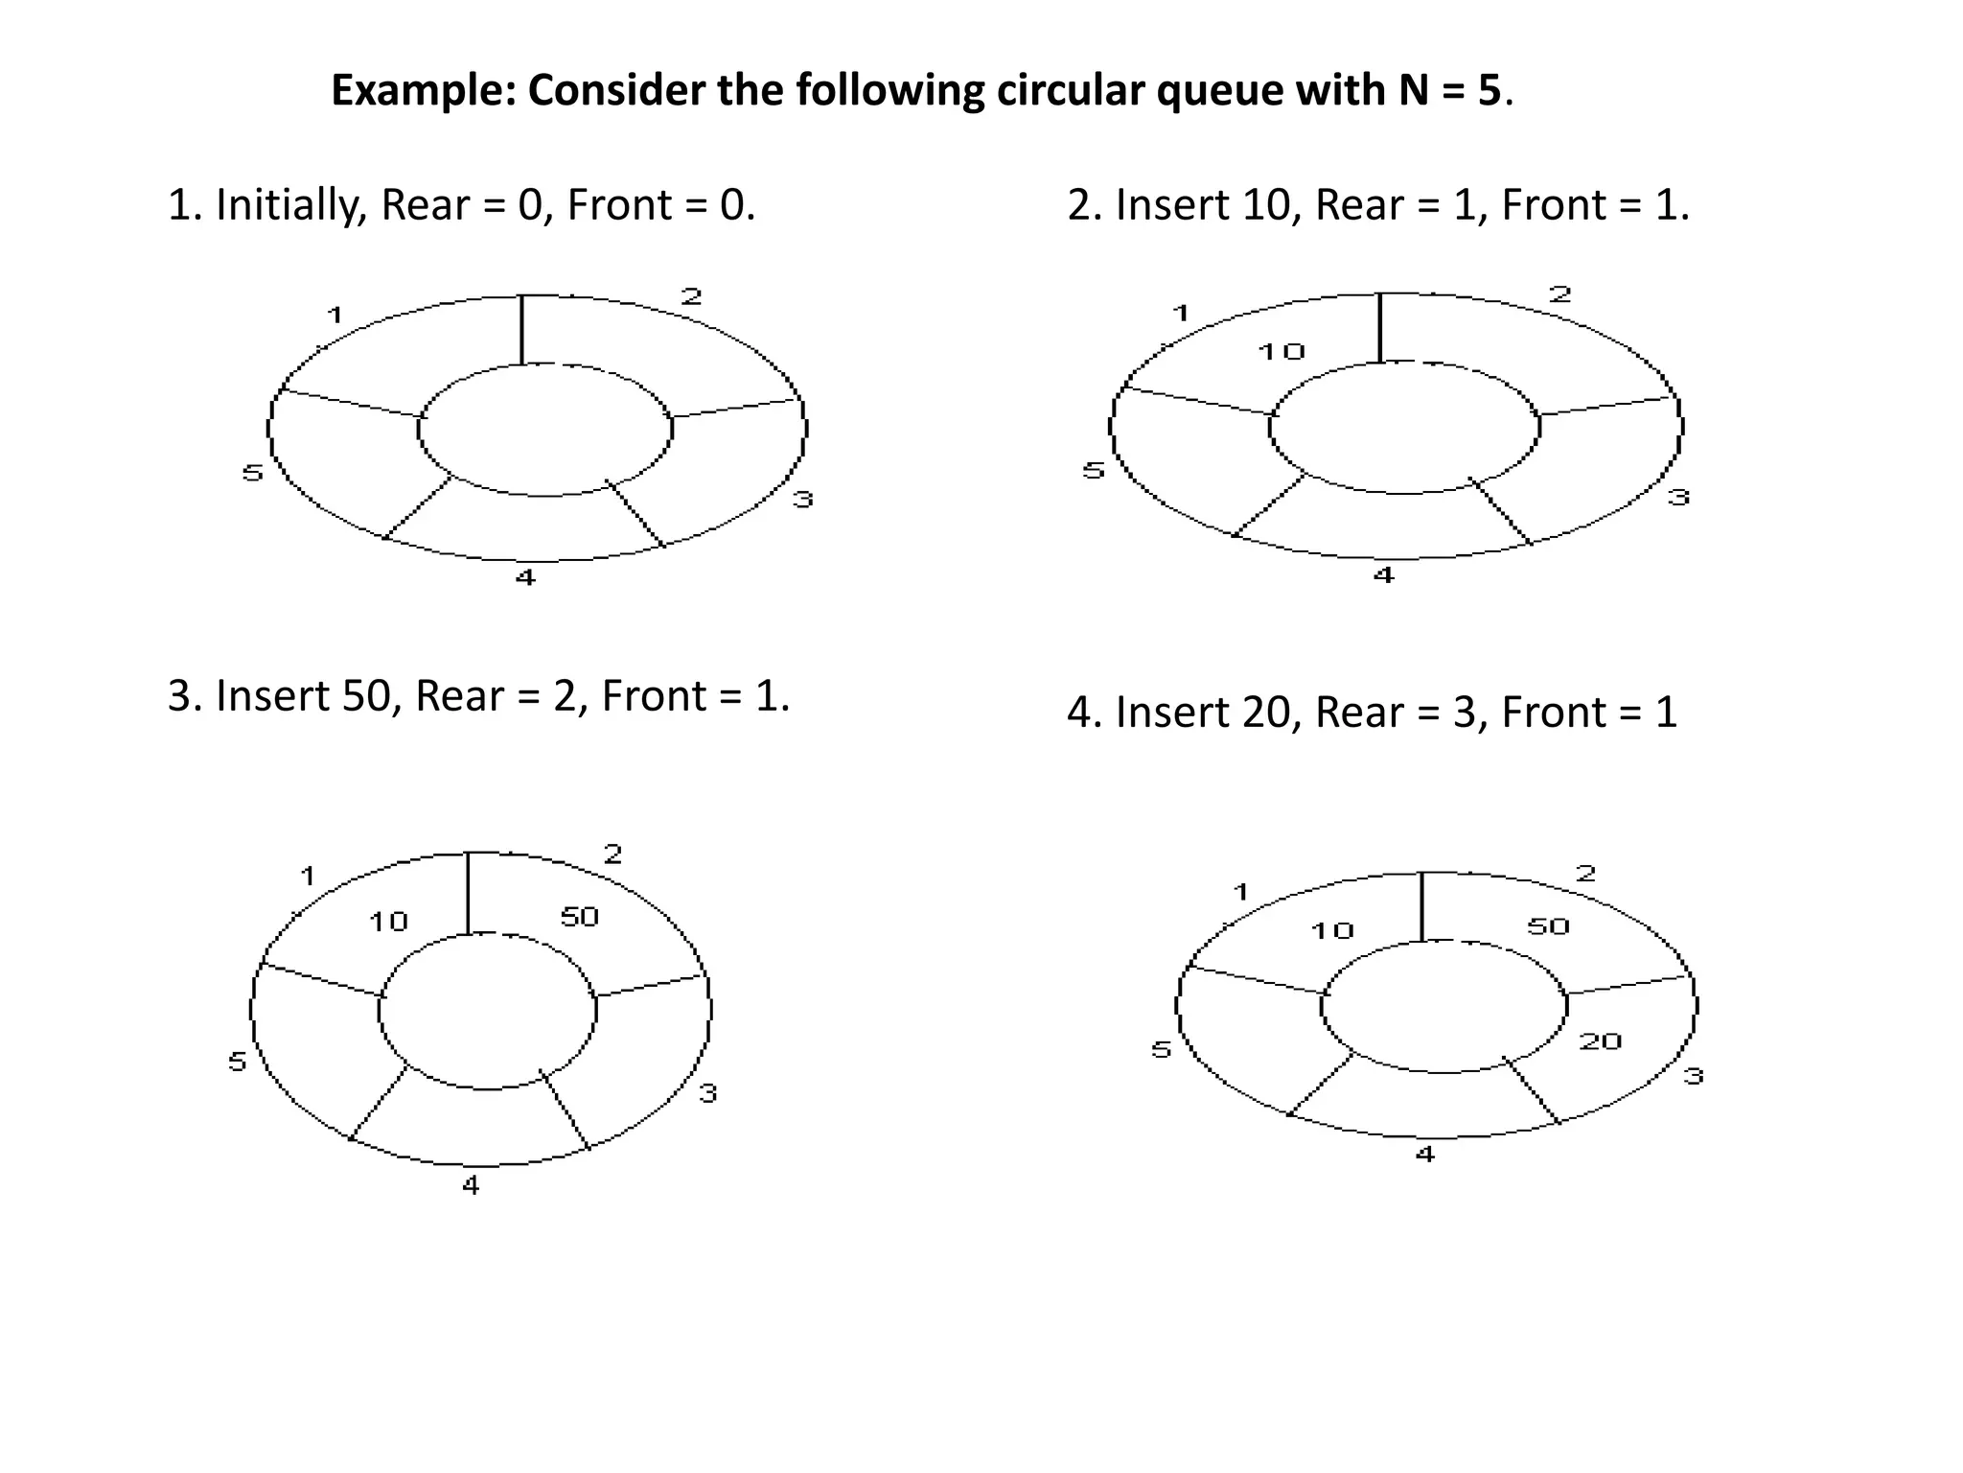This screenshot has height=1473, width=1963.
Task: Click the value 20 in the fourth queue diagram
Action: tap(1600, 1041)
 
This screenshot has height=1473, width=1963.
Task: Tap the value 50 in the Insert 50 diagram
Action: tap(579, 918)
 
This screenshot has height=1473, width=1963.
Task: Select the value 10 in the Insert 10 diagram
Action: tap(1282, 352)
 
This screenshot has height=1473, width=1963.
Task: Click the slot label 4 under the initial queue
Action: tap(525, 577)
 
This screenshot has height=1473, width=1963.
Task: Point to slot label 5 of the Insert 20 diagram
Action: tap(1161, 1049)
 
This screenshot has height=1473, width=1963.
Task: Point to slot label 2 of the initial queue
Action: tap(691, 296)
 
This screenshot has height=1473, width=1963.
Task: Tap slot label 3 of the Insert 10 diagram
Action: tap(1678, 497)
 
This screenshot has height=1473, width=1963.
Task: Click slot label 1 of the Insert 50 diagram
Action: tap(308, 876)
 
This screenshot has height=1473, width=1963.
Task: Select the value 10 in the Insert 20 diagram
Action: tap(1331, 930)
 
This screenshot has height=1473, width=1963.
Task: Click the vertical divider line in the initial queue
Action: tap(521, 330)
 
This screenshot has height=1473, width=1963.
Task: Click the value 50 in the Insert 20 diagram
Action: tap(1548, 926)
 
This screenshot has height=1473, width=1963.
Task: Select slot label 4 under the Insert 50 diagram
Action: tap(471, 1186)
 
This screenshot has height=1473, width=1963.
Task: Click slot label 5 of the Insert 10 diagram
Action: tap(1094, 470)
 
